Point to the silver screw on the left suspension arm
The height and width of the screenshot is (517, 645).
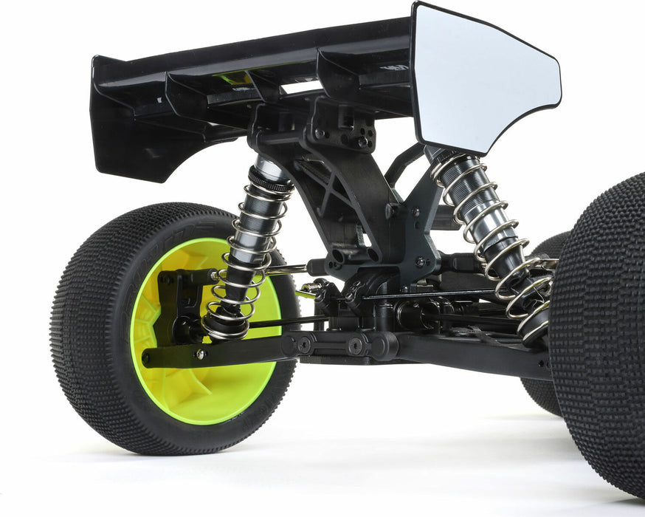click(200, 354)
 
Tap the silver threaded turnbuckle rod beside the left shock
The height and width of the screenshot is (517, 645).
click(288, 270)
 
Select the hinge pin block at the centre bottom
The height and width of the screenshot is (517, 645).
click(347, 343)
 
